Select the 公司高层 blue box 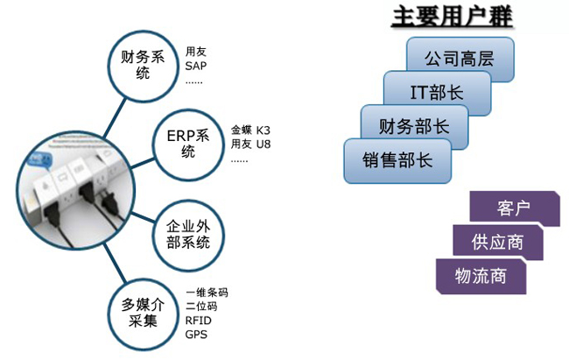click(x=460, y=60)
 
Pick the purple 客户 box click(x=514, y=208)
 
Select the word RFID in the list click(x=199, y=320)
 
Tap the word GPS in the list click(x=196, y=334)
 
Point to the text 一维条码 click(x=207, y=292)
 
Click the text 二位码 click(x=201, y=306)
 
